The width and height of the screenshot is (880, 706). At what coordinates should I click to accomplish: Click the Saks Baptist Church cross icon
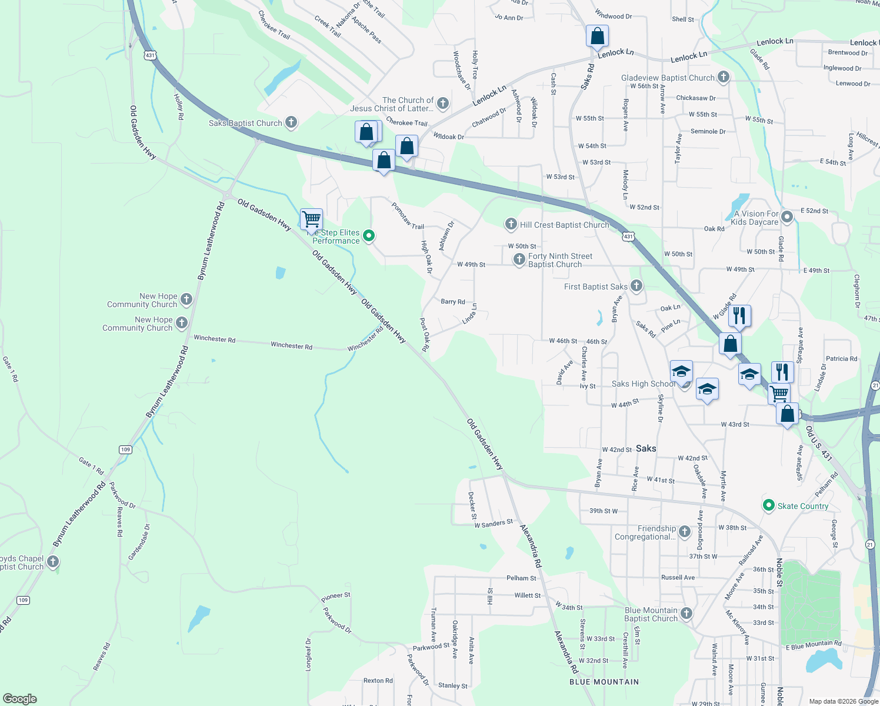pyautogui.click(x=291, y=122)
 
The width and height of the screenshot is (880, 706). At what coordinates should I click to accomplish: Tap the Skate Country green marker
pyautogui.click(x=768, y=505)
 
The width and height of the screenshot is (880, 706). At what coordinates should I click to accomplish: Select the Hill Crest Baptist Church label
pyautogui.click(x=564, y=225)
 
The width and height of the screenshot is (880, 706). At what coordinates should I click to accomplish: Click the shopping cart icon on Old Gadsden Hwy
pyautogui.click(x=311, y=219)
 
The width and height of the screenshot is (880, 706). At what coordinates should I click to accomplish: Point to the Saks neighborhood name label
pyautogui.click(x=645, y=448)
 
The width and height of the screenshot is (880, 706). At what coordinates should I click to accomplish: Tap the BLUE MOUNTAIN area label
pyautogui.click(x=604, y=682)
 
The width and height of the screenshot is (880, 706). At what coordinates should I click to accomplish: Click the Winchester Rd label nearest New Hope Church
pyautogui.click(x=214, y=339)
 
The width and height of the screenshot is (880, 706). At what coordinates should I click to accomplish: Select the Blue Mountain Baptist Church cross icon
pyautogui.click(x=686, y=614)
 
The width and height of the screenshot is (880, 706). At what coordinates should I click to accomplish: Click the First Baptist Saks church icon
pyautogui.click(x=636, y=286)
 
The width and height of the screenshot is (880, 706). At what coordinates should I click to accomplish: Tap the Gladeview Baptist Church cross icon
pyautogui.click(x=724, y=77)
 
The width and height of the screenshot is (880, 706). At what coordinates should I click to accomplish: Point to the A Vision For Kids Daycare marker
pyautogui.click(x=787, y=218)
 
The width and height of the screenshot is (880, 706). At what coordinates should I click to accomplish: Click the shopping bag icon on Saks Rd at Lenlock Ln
pyautogui.click(x=597, y=36)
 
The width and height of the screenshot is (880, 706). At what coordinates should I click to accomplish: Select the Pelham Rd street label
pyautogui.click(x=521, y=578)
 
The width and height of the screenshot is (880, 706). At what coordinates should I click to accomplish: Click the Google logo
pyautogui.click(x=20, y=698)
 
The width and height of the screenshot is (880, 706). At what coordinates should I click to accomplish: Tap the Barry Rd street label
pyautogui.click(x=453, y=302)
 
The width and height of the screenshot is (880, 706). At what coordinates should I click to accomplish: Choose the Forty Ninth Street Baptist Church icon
pyautogui.click(x=519, y=259)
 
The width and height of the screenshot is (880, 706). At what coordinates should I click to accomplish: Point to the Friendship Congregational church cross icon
pyautogui.click(x=684, y=532)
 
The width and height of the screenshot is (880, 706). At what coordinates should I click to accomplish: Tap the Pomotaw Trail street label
pyautogui.click(x=408, y=216)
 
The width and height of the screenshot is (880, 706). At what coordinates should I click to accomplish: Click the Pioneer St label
pyautogui.click(x=336, y=597)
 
